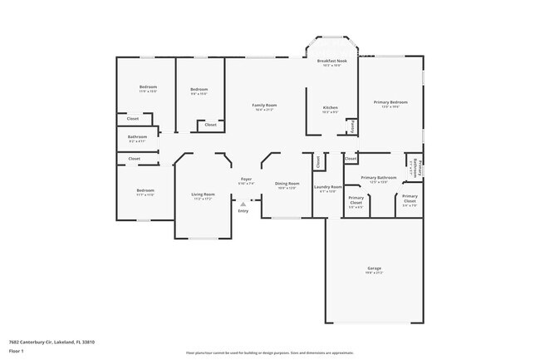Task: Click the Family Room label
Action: point(265,105)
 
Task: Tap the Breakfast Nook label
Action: point(335,62)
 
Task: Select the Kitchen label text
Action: point(330,108)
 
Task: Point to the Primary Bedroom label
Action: point(390,102)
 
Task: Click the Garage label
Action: point(375,269)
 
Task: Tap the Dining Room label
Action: point(287,184)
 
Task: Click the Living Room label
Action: point(204,195)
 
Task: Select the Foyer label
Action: point(246,180)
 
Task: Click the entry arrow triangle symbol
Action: point(243,203)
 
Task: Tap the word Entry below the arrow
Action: point(243,210)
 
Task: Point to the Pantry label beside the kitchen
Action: point(352,127)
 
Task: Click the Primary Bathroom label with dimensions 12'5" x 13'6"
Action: point(378,178)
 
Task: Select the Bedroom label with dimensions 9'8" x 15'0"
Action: point(199,90)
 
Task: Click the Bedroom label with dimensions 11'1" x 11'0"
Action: point(145,191)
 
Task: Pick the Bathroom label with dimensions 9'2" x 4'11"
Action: point(137,137)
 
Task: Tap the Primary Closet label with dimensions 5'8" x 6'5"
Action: point(356,202)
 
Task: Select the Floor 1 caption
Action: point(17,352)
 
